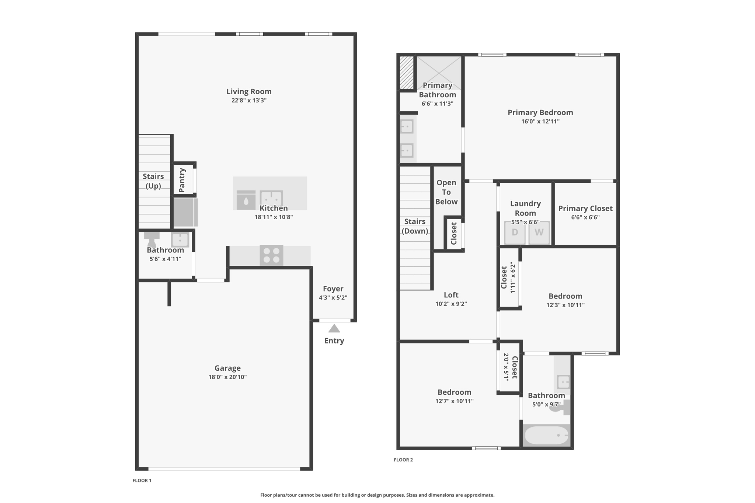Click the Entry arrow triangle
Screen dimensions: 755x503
pos(334,328)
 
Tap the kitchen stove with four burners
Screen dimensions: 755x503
pos(271,255)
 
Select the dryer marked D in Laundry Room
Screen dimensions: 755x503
pos(515,233)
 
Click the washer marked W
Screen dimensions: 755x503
pos(539,233)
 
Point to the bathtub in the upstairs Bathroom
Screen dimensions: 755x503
pos(547,435)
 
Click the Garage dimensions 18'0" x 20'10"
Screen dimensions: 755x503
pos(227,377)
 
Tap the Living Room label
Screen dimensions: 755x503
pos(249,91)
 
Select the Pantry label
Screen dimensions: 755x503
pos(182,180)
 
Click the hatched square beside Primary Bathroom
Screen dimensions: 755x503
pos(407,73)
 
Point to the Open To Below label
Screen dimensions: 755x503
pos(446,192)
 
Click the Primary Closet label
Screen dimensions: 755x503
pos(585,208)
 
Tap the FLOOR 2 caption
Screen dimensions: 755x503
pos(403,460)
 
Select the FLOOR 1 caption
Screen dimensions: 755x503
pos(142,481)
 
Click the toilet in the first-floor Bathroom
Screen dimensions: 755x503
pos(152,239)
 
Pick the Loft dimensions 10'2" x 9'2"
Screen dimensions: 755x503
pos(451,304)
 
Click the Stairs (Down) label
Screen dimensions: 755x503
pos(415,226)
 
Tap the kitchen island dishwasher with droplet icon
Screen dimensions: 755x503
pos(246,200)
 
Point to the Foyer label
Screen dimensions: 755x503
pos(333,289)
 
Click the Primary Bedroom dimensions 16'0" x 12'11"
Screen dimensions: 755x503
pos(540,122)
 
